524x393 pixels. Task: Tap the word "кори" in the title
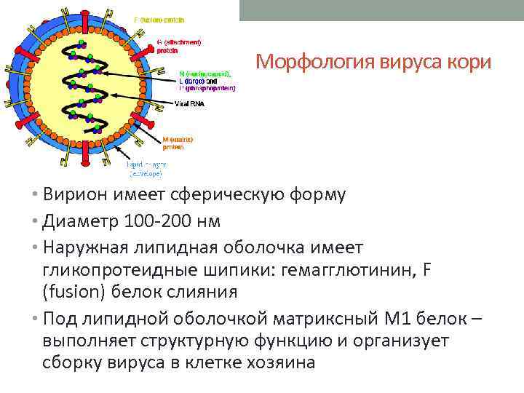tap(472, 63)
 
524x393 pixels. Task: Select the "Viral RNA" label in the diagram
tap(190, 104)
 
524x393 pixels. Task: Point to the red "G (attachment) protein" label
tap(178, 46)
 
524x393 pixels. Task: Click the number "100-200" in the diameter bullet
tap(153, 221)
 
